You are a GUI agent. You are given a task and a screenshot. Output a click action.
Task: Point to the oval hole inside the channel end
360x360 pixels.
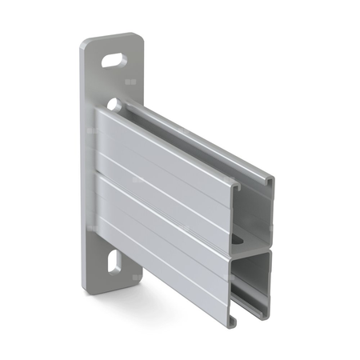tap(238, 239)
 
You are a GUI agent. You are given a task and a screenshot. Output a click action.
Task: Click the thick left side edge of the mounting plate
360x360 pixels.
tap(83, 160)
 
